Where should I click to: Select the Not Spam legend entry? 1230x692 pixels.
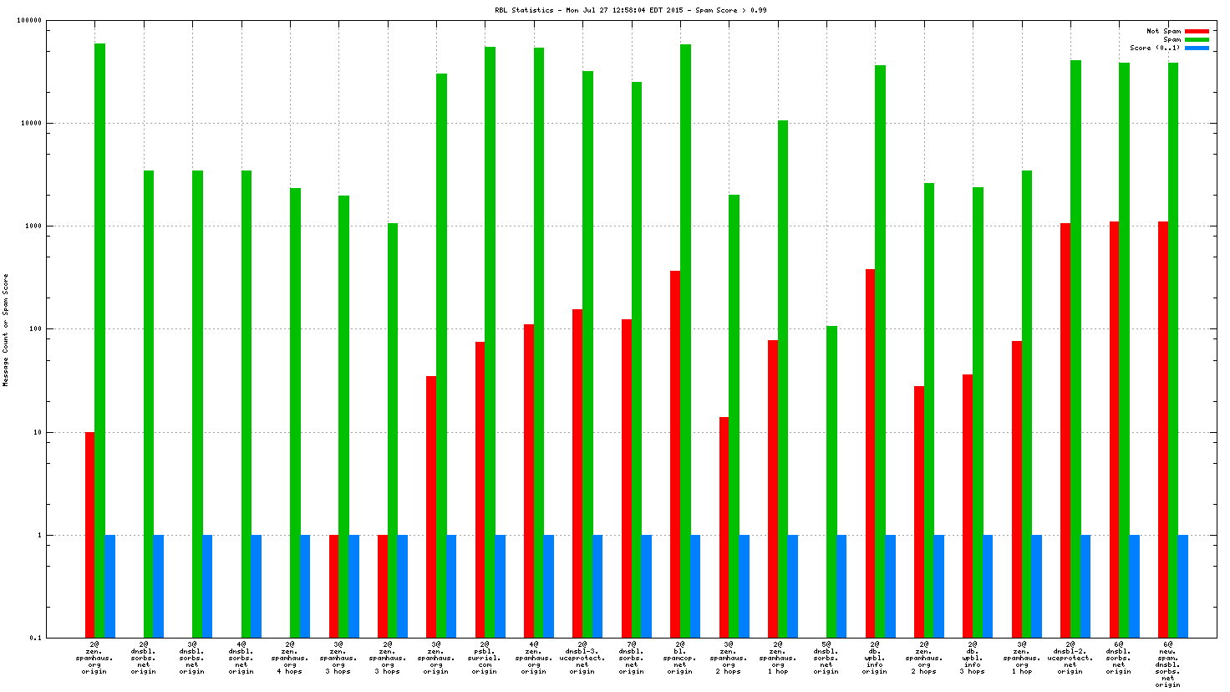[1163, 31]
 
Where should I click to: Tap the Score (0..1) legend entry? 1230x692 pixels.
[1156, 48]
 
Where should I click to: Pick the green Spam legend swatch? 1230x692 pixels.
[1197, 39]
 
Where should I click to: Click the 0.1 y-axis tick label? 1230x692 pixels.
[35, 638]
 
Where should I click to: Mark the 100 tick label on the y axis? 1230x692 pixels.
[34, 329]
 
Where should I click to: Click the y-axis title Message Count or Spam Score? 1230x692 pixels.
[6, 329]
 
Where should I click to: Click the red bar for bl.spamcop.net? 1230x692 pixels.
[675, 451]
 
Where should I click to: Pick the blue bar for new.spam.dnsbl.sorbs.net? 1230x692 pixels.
[1183, 585]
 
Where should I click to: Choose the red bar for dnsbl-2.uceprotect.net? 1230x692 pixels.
[1065, 426]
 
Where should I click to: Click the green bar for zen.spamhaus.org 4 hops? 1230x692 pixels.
[295, 410]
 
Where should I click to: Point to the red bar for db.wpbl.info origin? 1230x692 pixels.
[870, 451]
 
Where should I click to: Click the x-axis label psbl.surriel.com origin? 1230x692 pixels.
[485, 658]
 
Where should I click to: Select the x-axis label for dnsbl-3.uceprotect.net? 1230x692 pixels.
[582, 658]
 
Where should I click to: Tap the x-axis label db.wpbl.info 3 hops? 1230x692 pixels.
[973, 658]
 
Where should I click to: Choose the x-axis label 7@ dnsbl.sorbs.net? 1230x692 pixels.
[631, 658]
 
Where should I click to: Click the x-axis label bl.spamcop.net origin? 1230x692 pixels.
[680, 658]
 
